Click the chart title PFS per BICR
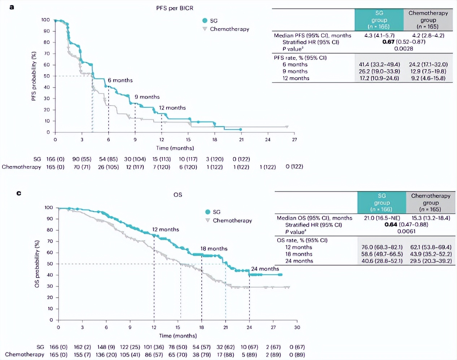pyautogui.click(x=175, y=8)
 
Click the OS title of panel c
pyautogui.click(x=178, y=195)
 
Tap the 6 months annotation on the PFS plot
pyautogui.click(x=120, y=80)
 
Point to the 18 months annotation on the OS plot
pyautogui.click(x=214, y=249)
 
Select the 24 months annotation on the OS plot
pyautogui.click(x=265, y=269)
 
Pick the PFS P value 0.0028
pyautogui.click(x=404, y=49)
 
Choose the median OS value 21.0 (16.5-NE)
pyautogui.click(x=382, y=218)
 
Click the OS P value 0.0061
pyautogui.click(x=406, y=232)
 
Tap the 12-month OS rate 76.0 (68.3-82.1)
pyautogui.click(x=382, y=247)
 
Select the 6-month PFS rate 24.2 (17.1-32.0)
pyautogui.click(x=428, y=64)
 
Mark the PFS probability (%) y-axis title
pyautogui.click(x=34, y=76)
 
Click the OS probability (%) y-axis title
pyautogui.click(x=37, y=264)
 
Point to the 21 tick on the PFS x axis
pyautogui.click(x=241, y=140)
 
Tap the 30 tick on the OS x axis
pyautogui.click(x=297, y=327)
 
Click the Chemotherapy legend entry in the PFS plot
pyautogui.click(x=229, y=29)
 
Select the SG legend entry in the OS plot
pyautogui.click(x=216, y=212)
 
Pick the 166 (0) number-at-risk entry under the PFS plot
pyautogui.click(x=55, y=159)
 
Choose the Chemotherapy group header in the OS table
pyautogui.click(x=431, y=202)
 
